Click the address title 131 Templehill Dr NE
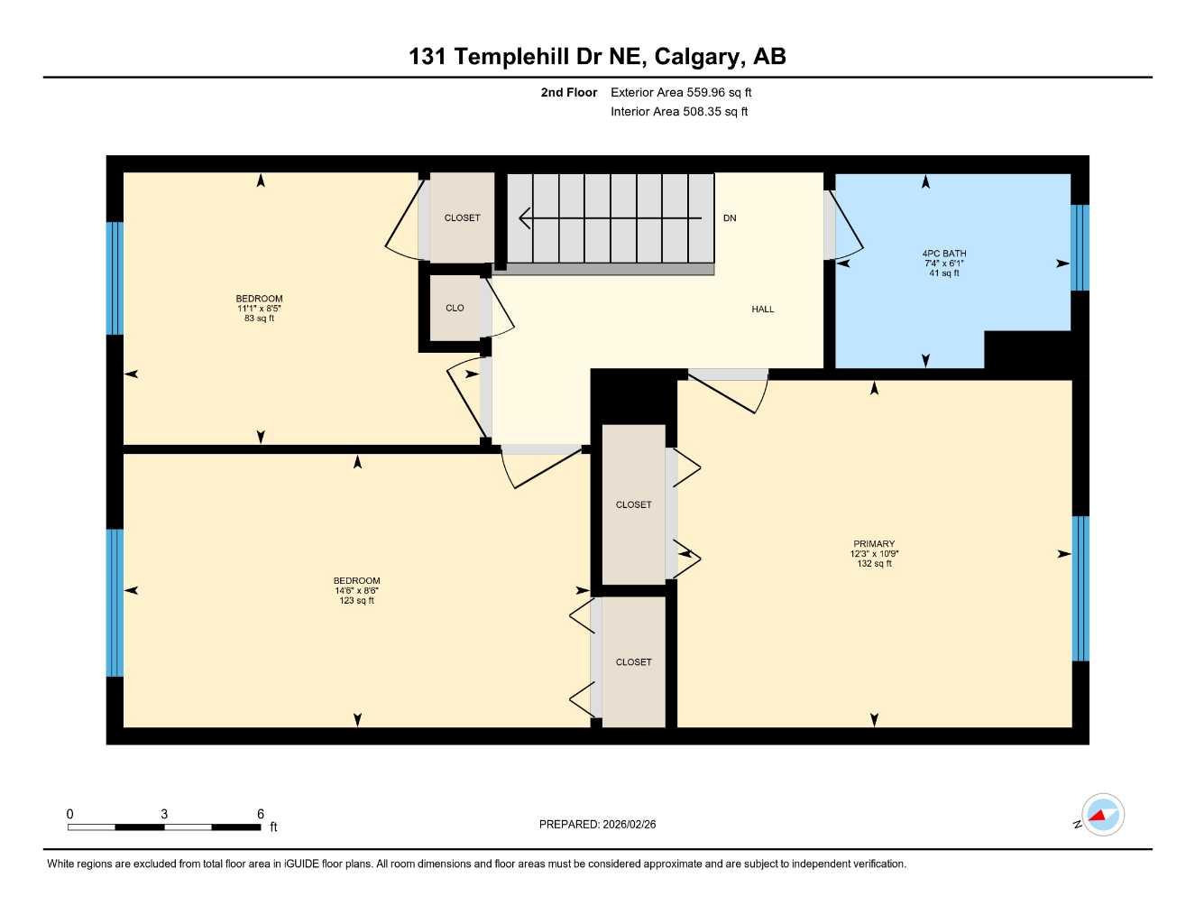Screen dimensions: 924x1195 (597, 57)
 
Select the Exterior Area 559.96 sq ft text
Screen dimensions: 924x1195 (681, 92)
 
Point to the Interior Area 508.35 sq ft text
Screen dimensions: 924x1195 (679, 112)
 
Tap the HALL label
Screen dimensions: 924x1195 (763, 310)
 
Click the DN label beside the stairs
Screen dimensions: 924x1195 (730, 218)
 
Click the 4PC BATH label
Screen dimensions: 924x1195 (944, 254)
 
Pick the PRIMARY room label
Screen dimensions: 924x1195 (874, 544)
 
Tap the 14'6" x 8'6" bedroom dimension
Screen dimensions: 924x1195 (356, 591)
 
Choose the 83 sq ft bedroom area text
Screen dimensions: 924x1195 (259, 319)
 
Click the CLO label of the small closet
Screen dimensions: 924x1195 (455, 309)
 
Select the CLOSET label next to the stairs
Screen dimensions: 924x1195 (462, 218)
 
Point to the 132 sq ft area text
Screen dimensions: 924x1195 (874, 564)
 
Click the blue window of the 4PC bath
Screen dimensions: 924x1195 (1080, 248)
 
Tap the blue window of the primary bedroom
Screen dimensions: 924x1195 (1080, 588)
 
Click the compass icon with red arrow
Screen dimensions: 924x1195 (1102, 815)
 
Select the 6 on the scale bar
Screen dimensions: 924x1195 (261, 814)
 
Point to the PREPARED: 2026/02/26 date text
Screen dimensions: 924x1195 (597, 824)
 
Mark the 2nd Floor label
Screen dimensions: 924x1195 (568, 92)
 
